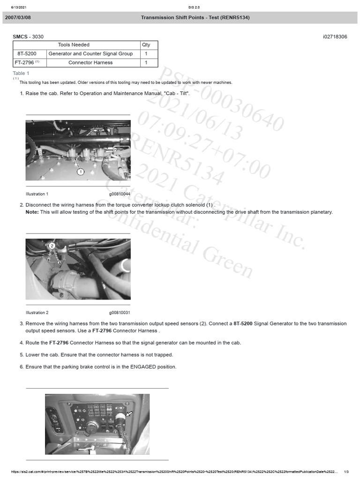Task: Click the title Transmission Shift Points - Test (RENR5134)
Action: click(x=195, y=17)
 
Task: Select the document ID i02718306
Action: click(x=335, y=37)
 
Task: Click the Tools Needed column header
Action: click(x=74, y=45)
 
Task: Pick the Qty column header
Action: click(x=146, y=45)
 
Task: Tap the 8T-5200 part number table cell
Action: click(x=27, y=54)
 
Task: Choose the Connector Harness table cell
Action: click(x=90, y=63)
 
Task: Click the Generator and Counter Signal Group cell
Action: click(x=90, y=54)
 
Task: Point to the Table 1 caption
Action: click(x=21, y=73)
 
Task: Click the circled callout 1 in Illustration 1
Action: click(x=81, y=172)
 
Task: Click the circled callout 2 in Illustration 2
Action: click(x=52, y=246)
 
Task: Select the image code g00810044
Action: click(x=120, y=194)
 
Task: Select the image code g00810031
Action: click(x=120, y=313)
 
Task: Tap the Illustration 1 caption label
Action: click(x=37, y=194)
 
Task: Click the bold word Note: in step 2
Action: click(x=32, y=212)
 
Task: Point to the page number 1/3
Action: click(x=346, y=472)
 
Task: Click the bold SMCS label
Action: click(x=21, y=37)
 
